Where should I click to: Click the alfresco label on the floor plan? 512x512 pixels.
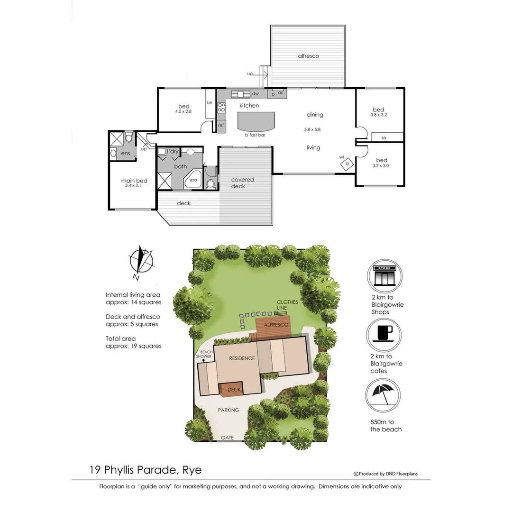[308, 56]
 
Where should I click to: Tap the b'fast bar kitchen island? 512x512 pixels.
[256, 122]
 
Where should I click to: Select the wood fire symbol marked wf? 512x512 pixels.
[347, 163]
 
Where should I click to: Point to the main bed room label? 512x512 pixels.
[134, 181]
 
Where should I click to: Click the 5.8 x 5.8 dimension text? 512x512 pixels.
[313, 129]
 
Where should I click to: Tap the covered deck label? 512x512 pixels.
[242, 183]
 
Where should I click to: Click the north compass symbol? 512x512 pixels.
[141, 262]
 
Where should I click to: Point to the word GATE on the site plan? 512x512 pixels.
[228, 438]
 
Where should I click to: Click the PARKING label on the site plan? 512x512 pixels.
[229, 410]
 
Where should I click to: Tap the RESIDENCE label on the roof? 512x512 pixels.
[242, 358]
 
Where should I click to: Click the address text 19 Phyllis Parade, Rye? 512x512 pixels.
[146, 470]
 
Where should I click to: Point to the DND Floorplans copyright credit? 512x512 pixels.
[386, 474]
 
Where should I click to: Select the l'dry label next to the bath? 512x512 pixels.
[173, 151]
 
